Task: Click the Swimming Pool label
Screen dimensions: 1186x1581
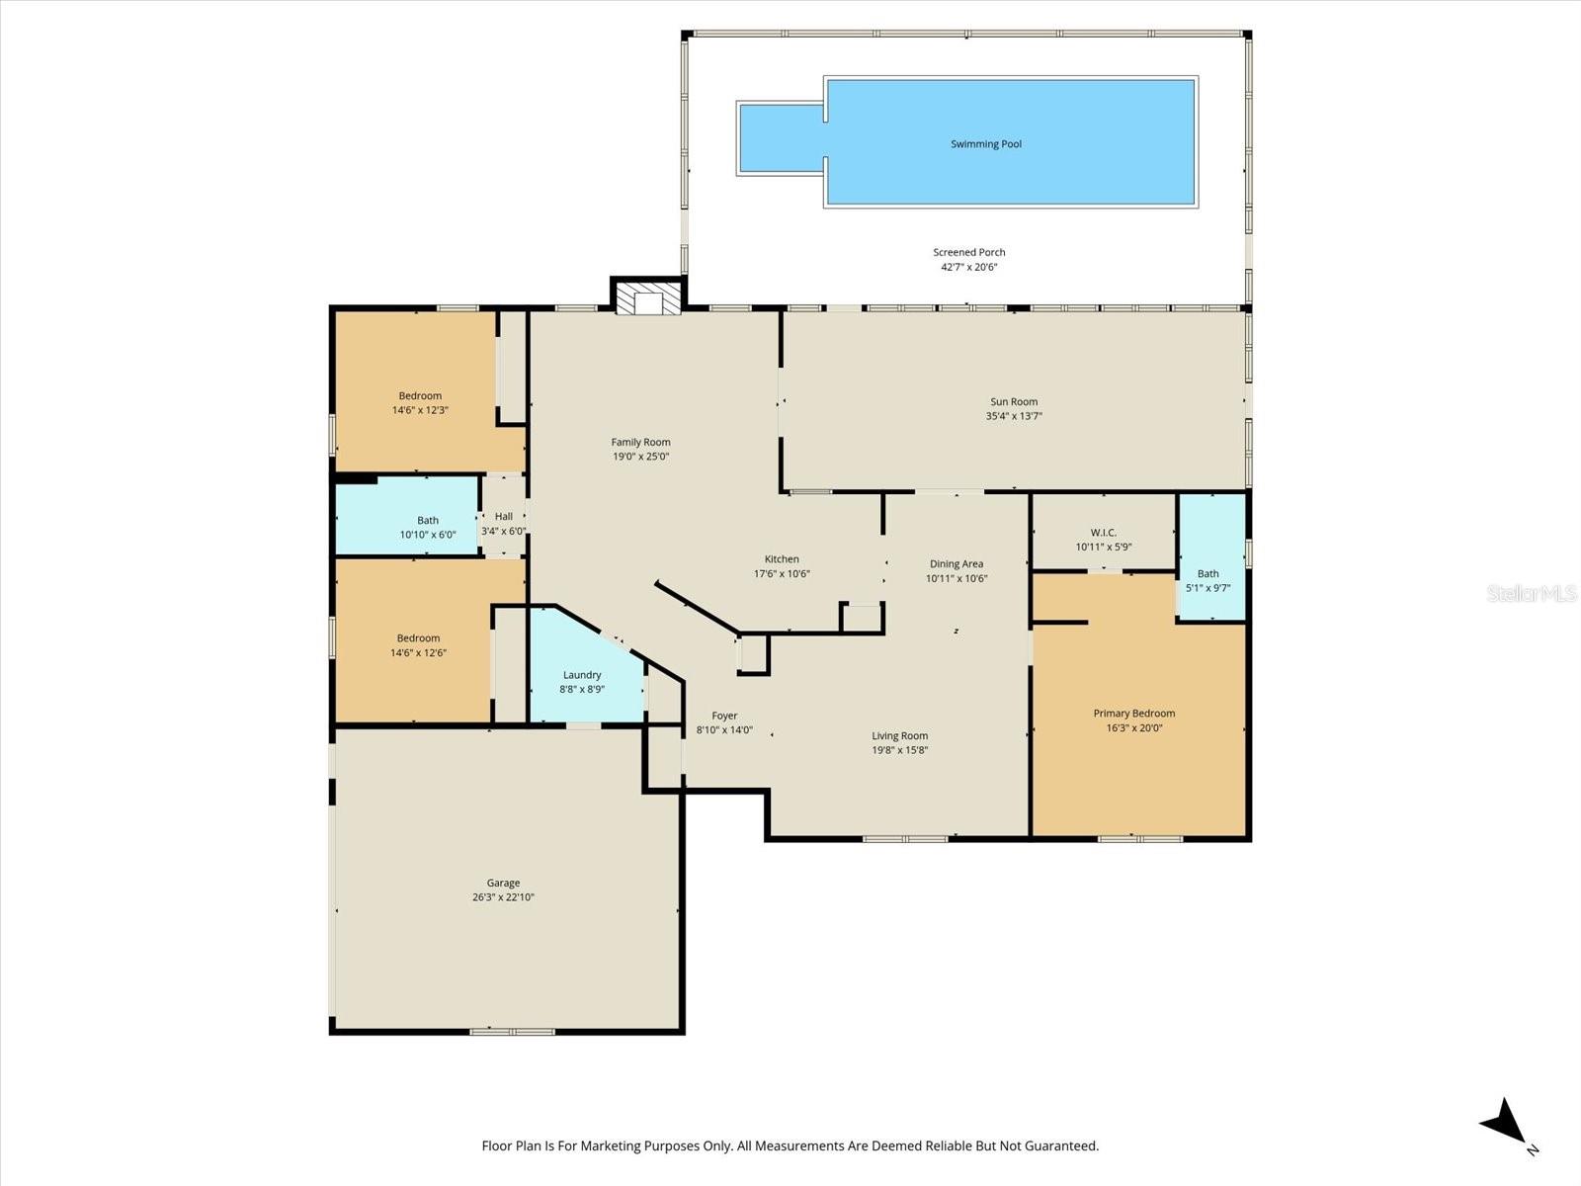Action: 985,144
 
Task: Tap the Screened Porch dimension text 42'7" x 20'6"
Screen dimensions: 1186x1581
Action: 968,267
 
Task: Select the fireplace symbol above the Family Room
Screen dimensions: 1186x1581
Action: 648,299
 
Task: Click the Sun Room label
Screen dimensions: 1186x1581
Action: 1014,401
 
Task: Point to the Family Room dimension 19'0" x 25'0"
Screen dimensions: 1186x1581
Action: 640,457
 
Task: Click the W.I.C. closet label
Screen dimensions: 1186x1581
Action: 1103,533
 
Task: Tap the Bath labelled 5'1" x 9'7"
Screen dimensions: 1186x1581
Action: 1207,573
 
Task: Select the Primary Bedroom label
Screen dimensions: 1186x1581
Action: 1133,714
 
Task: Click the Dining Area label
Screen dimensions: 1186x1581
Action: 956,564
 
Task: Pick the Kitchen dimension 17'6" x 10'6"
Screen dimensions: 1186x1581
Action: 782,573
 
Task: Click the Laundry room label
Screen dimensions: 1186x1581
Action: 582,675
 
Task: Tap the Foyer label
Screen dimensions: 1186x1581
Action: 724,717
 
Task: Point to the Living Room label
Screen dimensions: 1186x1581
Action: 899,736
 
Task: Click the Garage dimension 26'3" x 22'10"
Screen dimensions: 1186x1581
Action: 503,897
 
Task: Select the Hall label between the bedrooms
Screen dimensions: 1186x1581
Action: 503,516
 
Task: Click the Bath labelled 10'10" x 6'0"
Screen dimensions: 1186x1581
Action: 427,521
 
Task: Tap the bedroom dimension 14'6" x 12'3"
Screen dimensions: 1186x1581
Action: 420,410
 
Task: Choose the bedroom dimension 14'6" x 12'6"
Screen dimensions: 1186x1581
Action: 418,652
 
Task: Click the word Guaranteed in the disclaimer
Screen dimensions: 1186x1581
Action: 1062,1146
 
